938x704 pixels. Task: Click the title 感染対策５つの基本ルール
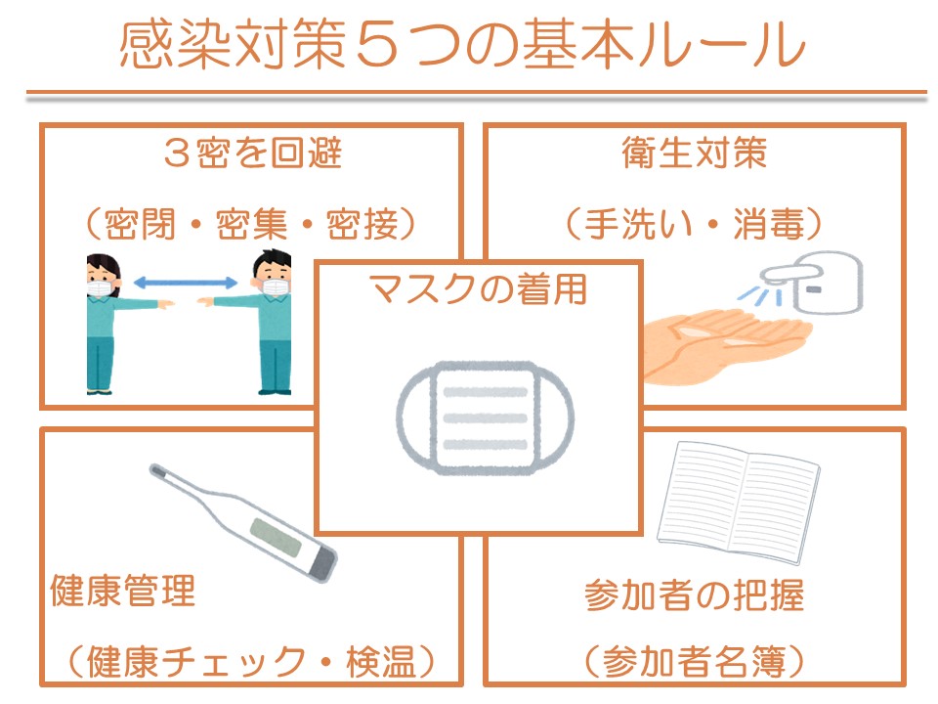click(462, 45)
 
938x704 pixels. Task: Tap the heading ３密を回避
click(252, 153)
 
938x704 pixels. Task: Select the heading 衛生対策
click(694, 153)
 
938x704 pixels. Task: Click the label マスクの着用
click(479, 289)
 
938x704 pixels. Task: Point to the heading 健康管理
click(123, 591)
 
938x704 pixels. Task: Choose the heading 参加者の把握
click(694, 595)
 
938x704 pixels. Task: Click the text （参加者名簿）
click(694, 662)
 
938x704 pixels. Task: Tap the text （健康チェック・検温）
click(251, 662)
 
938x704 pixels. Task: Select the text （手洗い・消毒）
click(694, 224)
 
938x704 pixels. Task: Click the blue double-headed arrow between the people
click(186, 283)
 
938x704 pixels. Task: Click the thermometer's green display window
click(276, 536)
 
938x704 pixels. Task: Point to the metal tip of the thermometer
click(157, 471)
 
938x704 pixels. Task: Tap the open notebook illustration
click(739, 503)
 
